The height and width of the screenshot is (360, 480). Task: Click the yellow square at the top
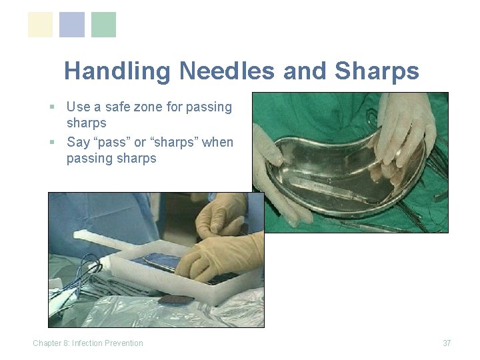(x=40, y=25)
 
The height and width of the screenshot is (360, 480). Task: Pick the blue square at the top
(x=72, y=25)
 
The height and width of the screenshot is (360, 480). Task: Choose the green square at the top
(x=103, y=25)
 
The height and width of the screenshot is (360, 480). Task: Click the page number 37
(x=447, y=343)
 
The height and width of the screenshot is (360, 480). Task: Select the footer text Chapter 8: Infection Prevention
(x=88, y=343)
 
